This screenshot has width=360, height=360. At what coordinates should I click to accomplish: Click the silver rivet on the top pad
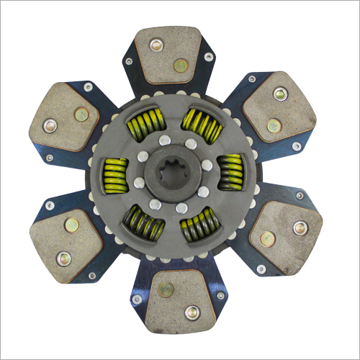(156, 45)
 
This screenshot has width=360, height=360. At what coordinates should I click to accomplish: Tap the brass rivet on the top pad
(181, 66)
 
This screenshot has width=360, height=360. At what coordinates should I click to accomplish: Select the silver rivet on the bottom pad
(192, 312)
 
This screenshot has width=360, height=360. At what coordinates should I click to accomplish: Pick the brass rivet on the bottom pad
(166, 289)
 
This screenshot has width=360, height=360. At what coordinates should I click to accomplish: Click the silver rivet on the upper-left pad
(50, 127)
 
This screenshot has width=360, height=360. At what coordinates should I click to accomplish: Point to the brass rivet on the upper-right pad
(274, 126)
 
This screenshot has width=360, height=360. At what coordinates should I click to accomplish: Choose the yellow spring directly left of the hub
(116, 175)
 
